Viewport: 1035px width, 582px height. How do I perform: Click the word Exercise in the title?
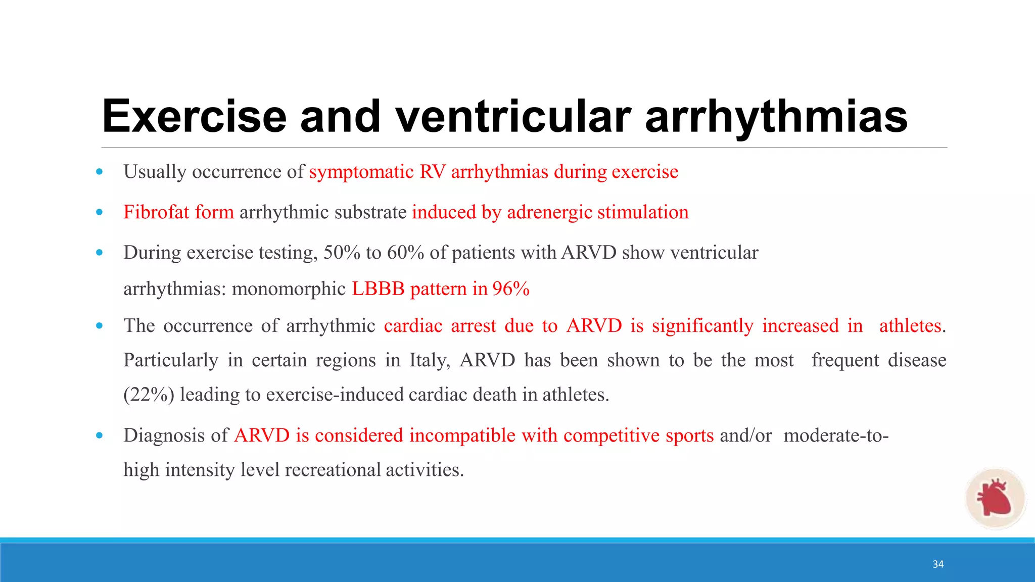coord(195,117)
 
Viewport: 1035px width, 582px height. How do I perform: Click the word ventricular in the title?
coord(513,117)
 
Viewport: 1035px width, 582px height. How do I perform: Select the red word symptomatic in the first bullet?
coord(361,172)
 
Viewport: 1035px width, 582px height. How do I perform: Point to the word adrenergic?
coord(549,213)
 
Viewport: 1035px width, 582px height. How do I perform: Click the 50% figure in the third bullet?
coord(342,253)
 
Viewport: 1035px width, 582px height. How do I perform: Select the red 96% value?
coord(511,289)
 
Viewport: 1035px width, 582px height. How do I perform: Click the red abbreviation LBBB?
coord(378,289)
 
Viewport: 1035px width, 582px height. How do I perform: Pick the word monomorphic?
coord(289,289)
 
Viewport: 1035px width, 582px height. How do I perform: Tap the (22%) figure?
coord(149,395)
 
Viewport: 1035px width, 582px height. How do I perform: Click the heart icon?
coord(994,498)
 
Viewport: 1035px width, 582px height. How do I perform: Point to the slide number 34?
coord(938,564)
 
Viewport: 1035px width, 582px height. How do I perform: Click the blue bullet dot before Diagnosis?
coord(100,435)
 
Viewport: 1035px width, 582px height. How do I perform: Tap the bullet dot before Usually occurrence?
coord(100,172)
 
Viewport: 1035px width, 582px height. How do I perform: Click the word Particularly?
coord(171,361)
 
